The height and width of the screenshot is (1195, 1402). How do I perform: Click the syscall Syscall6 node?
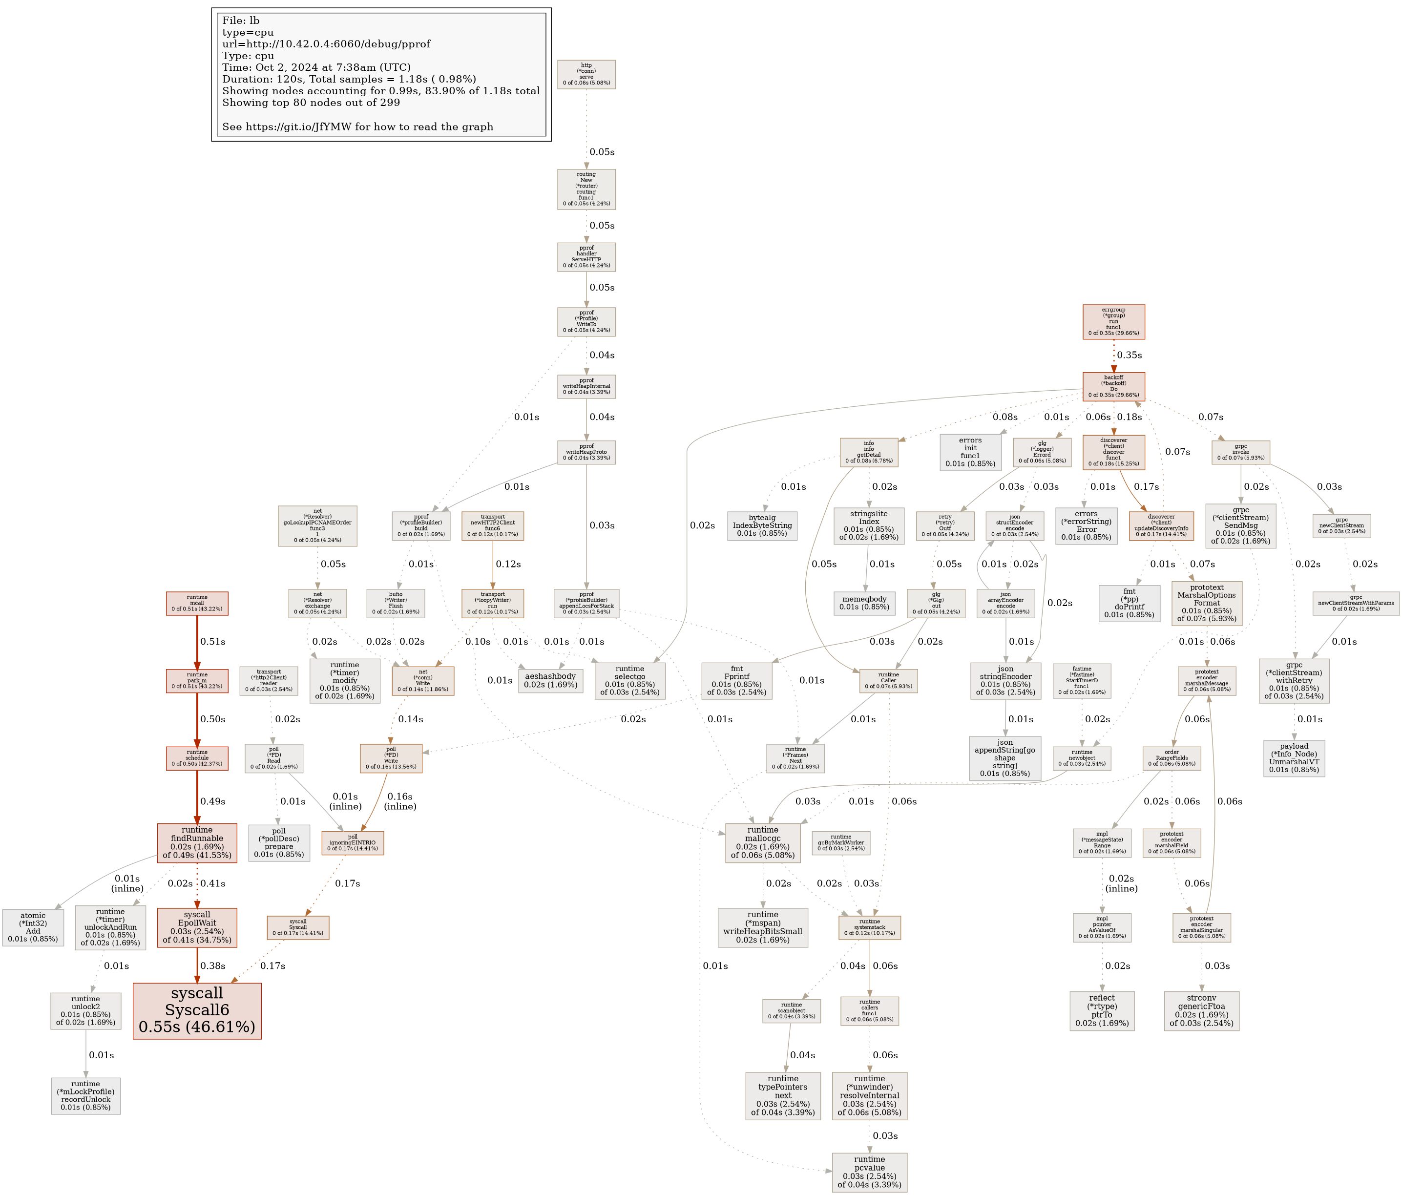tap(197, 1010)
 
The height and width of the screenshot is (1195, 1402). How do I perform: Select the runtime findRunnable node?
tap(197, 842)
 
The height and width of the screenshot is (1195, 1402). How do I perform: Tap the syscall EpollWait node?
tap(197, 927)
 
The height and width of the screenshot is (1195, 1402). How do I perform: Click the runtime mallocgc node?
tap(763, 842)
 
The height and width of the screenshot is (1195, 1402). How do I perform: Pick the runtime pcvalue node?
tap(870, 1172)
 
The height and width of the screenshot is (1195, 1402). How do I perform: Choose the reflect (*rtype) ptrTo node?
tap(1102, 1011)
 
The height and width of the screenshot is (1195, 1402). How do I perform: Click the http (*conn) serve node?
tap(586, 74)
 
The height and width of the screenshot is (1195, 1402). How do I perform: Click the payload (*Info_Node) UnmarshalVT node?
tap(1294, 758)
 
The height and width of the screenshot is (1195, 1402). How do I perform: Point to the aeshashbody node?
tap(550, 681)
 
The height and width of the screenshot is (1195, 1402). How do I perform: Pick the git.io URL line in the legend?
tap(357, 126)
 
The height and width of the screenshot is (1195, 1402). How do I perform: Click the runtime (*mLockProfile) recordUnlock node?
tap(85, 1095)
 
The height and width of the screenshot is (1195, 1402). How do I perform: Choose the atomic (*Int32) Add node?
tap(33, 927)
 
